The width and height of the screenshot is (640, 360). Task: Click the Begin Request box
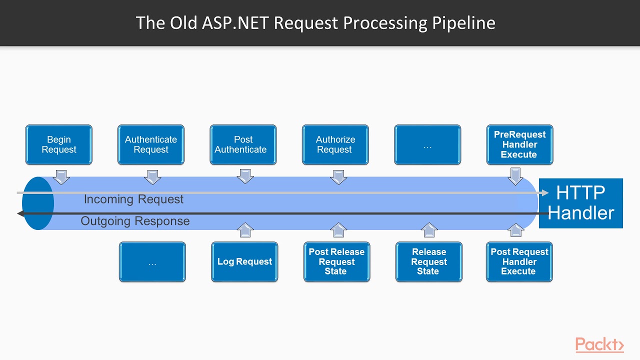[59, 144]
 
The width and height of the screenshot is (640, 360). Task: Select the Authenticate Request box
[151, 144]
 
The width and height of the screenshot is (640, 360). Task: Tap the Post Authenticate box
[243, 144]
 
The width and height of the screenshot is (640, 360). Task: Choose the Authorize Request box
[335, 144]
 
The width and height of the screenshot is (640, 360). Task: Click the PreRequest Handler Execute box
[519, 144]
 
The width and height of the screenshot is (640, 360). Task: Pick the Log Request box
[244, 261]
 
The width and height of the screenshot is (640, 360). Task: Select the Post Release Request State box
[336, 261]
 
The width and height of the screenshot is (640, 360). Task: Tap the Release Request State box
[428, 261]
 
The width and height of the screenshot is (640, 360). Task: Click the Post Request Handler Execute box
[519, 261]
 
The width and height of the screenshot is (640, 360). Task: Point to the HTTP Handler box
[581, 203]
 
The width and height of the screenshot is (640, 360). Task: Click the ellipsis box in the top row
[427, 144]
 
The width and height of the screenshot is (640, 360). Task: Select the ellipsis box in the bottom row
[152, 261]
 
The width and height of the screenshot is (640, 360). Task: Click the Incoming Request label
[133, 199]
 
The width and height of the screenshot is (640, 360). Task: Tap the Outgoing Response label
[135, 221]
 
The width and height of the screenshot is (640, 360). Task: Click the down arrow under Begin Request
[61, 177]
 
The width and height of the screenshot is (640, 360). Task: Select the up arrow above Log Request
[244, 230]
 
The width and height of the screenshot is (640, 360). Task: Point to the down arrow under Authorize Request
[338, 177]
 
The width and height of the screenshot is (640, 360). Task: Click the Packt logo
[599, 344]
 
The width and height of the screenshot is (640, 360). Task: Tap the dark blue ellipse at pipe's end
[38, 203]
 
